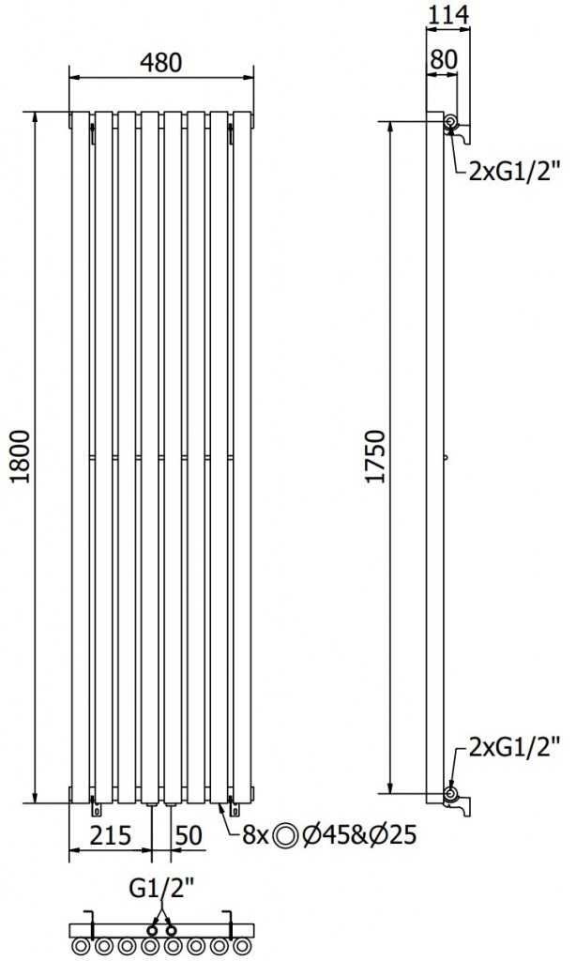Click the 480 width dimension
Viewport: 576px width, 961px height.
[161, 62]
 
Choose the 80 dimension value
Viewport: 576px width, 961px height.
[443, 58]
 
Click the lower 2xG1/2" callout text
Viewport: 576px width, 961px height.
[514, 750]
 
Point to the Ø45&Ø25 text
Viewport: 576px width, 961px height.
[361, 834]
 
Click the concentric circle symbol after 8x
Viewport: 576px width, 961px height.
[288, 834]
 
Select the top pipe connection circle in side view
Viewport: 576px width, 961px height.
[451, 123]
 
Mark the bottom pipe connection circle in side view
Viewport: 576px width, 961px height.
[451, 794]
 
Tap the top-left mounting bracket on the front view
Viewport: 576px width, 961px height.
[94, 131]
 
